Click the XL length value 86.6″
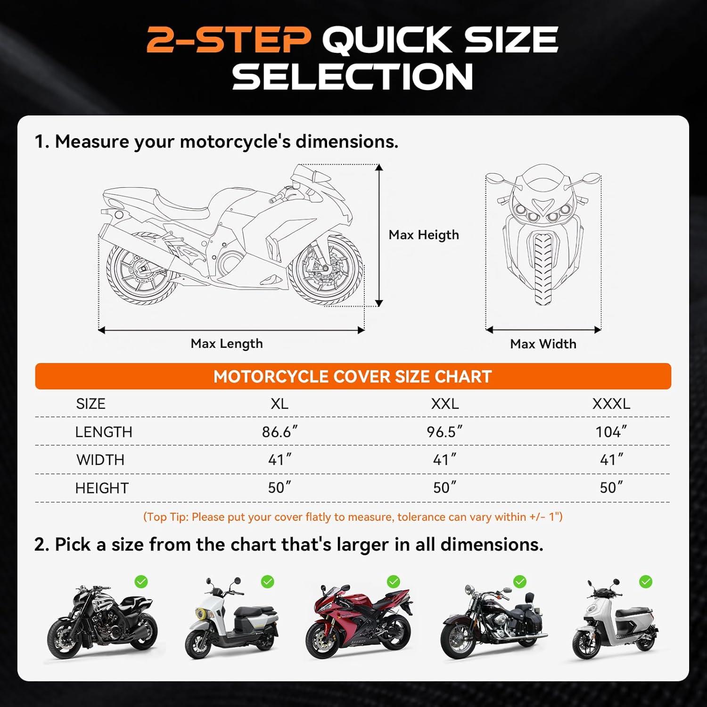pyautogui.click(x=280, y=432)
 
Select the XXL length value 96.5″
pyautogui.click(x=444, y=432)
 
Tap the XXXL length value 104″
pyautogui.click(x=611, y=432)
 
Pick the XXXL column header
pyautogui.click(x=611, y=404)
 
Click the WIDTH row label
pyautogui.click(x=100, y=460)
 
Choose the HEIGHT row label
pyautogui.click(x=102, y=488)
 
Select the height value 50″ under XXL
pyautogui.click(x=444, y=488)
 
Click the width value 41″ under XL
pyautogui.click(x=280, y=460)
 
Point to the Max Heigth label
pyautogui.click(x=423, y=235)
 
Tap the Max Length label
pyautogui.click(x=227, y=344)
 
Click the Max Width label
pyautogui.click(x=543, y=344)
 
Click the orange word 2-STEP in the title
pyautogui.click(x=229, y=40)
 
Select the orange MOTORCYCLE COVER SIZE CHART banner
pyautogui.click(x=353, y=377)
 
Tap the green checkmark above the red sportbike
pyautogui.click(x=394, y=582)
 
